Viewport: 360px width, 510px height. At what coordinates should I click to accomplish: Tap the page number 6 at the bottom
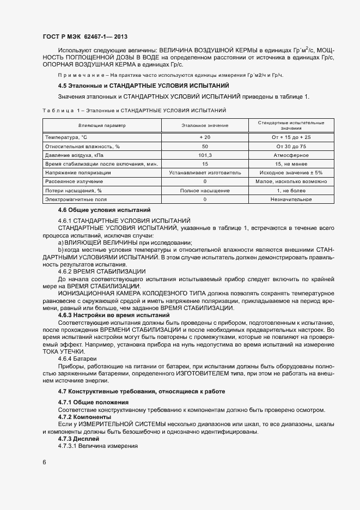coord(45,463)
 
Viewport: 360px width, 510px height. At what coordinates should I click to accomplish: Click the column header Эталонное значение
coord(205,125)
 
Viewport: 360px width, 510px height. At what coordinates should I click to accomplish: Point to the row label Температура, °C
coord(66,137)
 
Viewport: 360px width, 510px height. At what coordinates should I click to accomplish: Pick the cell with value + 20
coord(205,137)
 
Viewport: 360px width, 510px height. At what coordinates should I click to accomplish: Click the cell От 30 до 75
coord(291,146)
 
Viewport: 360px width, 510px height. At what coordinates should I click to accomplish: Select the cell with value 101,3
coord(205,155)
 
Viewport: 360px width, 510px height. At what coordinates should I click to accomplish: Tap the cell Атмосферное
coord(291,155)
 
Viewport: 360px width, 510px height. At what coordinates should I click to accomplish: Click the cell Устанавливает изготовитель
coord(205,173)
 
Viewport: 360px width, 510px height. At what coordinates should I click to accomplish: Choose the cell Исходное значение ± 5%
coord(291,173)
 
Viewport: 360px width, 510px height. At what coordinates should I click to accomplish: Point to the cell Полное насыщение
coord(205,191)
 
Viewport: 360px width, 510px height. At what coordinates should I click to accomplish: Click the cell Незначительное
coord(291,199)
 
